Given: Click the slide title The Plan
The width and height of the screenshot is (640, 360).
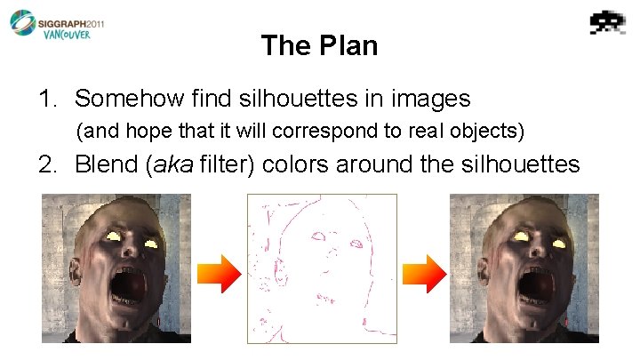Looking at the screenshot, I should coord(319,45).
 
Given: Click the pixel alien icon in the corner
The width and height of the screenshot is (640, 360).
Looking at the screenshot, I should coord(607,21).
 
